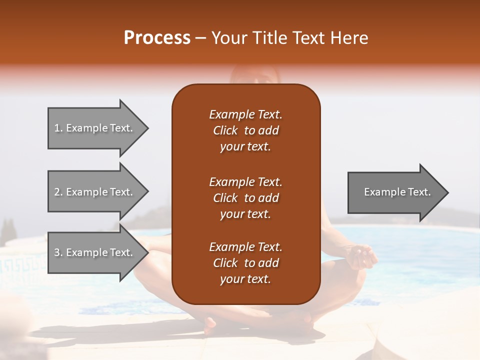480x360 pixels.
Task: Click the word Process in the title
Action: pos(157,38)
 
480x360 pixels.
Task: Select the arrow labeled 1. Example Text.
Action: pos(95,128)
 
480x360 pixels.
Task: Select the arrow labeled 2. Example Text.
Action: pos(95,192)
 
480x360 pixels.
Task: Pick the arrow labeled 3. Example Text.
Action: pos(95,252)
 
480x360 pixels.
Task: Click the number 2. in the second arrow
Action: pos(58,192)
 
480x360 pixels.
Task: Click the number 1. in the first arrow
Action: pos(58,128)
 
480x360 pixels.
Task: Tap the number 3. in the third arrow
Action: pos(58,252)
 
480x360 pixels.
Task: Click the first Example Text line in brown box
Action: pos(245,114)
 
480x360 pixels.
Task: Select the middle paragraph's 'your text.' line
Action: pos(245,214)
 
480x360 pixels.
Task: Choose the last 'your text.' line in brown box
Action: pos(245,279)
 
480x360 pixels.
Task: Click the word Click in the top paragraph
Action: pos(225,130)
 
